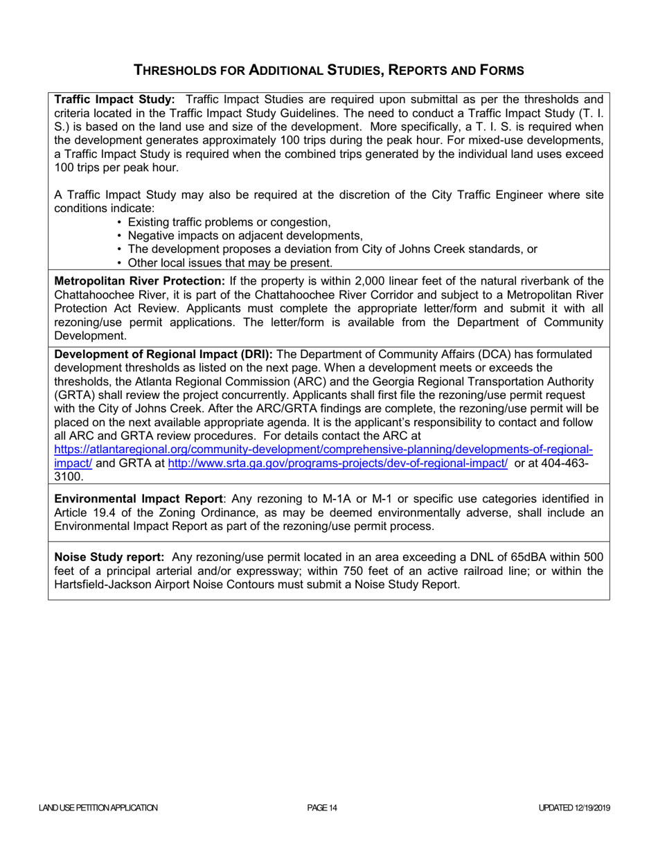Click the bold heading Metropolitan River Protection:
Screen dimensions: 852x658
coord(139,281)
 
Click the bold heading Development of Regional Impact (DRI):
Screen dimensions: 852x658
coord(163,354)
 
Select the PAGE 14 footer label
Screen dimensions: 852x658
coord(322,808)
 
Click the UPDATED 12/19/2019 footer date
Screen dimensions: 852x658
coord(573,808)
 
